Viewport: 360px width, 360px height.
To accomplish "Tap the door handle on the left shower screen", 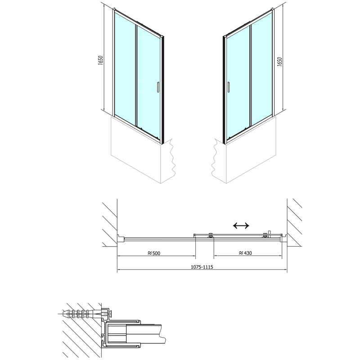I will pyautogui.click(x=157, y=87).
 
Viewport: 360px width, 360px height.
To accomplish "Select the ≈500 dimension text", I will pyautogui.click(x=154, y=253).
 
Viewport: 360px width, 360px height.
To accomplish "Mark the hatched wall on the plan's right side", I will pyautogui.click(x=297, y=223).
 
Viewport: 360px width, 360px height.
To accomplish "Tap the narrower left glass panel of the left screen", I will pyautogui.click(x=124, y=67).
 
